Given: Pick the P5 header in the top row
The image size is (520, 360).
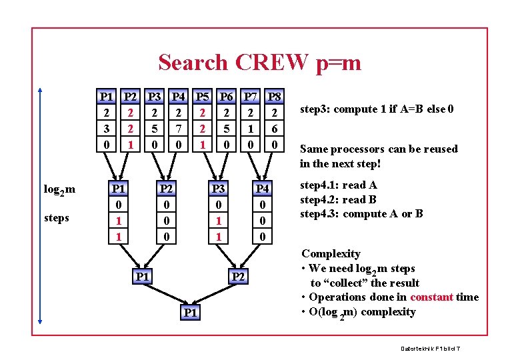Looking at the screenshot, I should click(203, 97).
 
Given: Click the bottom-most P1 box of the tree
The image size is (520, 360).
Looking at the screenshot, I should click(190, 313).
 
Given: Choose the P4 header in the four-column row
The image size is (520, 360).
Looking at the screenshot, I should click(263, 189).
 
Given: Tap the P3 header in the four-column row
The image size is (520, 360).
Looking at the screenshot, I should click(217, 189).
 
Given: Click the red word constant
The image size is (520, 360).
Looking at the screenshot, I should click(431, 297).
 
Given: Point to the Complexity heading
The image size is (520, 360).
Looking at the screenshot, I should click(331, 253).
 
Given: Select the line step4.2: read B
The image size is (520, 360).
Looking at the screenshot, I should click(338, 199).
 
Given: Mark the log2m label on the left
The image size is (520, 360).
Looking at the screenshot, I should click(59, 190).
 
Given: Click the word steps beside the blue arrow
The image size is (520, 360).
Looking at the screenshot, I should click(56, 218).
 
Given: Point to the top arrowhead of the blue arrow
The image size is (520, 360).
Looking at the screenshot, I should click(41, 89).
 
